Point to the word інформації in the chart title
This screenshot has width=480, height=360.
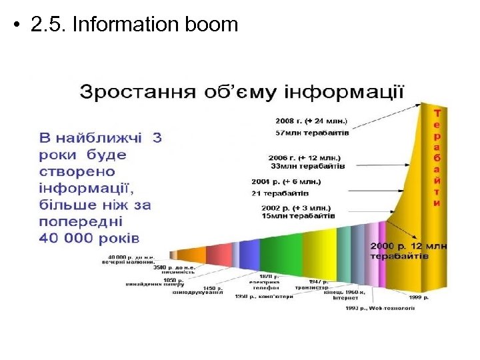click(347, 91)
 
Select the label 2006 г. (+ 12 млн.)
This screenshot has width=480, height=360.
click(309, 157)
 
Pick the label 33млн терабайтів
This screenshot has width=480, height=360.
click(309, 167)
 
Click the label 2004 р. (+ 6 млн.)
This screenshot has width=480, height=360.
click(286, 181)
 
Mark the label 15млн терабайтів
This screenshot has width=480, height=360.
click(298, 216)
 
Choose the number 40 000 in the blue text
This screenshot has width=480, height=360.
click(65, 237)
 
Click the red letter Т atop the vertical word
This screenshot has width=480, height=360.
click(437, 113)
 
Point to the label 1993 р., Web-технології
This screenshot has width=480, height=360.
click(381, 308)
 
